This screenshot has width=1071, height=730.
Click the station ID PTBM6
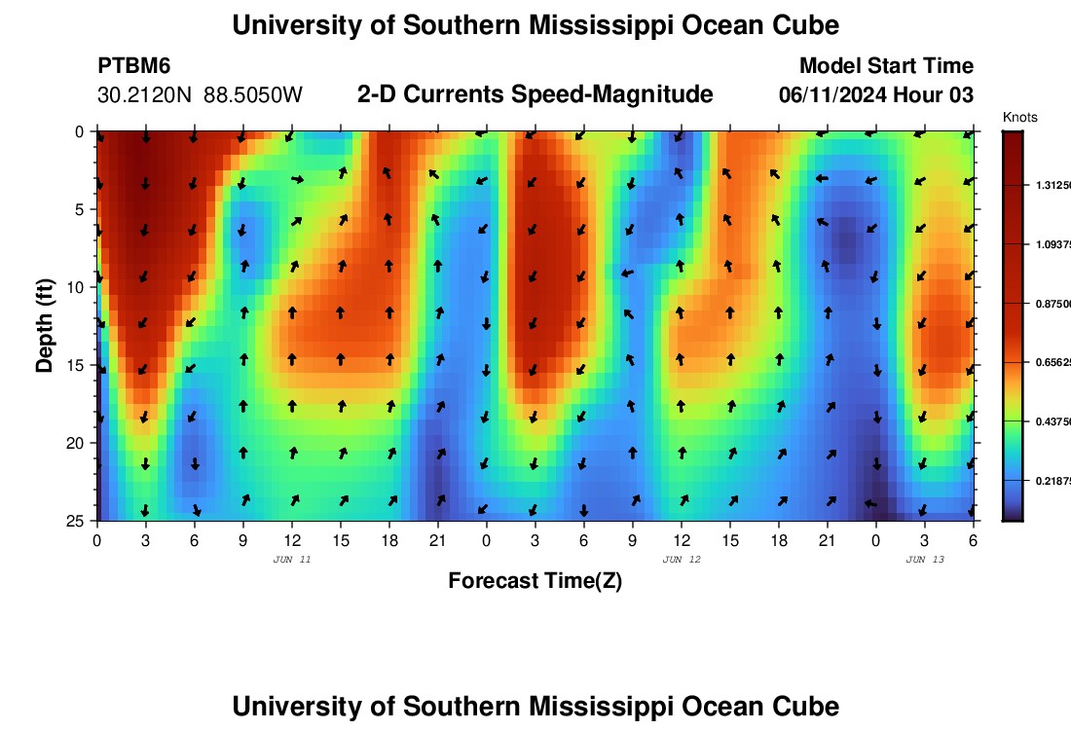point(134,66)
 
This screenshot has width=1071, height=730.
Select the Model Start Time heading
point(886,66)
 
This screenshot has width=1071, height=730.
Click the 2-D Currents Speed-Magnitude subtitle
point(535,94)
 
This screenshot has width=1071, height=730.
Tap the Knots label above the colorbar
point(1020,118)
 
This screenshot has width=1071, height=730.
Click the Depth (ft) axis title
point(45,324)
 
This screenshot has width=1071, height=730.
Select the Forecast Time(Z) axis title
point(535,581)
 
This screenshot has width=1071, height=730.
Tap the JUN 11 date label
point(292,560)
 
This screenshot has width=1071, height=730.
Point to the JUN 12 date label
point(682,560)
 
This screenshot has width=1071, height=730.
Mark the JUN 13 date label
point(925,560)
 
